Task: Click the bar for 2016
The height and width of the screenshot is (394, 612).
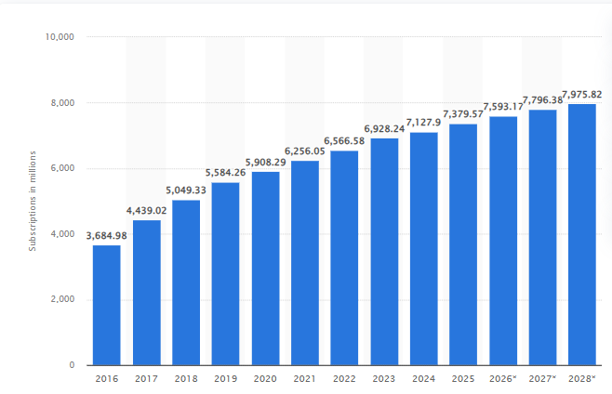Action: point(107,305)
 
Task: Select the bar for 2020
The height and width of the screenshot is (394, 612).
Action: point(265,269)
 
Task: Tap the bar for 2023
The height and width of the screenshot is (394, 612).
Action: point(384,252)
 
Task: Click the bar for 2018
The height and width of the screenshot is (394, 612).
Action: point(186,282)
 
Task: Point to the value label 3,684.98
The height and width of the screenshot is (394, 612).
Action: point(107,235)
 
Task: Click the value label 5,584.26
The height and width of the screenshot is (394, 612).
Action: point(225,173)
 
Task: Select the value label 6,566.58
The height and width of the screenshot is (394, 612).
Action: point(344,140)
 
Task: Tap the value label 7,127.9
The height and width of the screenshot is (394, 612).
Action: point(424,123)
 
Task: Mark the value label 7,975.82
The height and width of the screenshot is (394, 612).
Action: point(582,94)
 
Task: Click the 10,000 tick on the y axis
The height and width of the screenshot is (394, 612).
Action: point(59,37)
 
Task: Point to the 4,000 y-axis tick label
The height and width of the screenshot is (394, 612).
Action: point(61,234)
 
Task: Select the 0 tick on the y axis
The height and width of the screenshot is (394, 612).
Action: point(72,365)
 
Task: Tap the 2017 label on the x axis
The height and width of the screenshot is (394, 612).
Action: point(146,379)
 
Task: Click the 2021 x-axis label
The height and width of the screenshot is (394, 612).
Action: point(305,379)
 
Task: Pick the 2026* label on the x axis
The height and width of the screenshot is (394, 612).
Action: point(503,379)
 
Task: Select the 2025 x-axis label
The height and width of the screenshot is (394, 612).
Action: point(463,379)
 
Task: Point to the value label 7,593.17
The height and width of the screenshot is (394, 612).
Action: point(503,106)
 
